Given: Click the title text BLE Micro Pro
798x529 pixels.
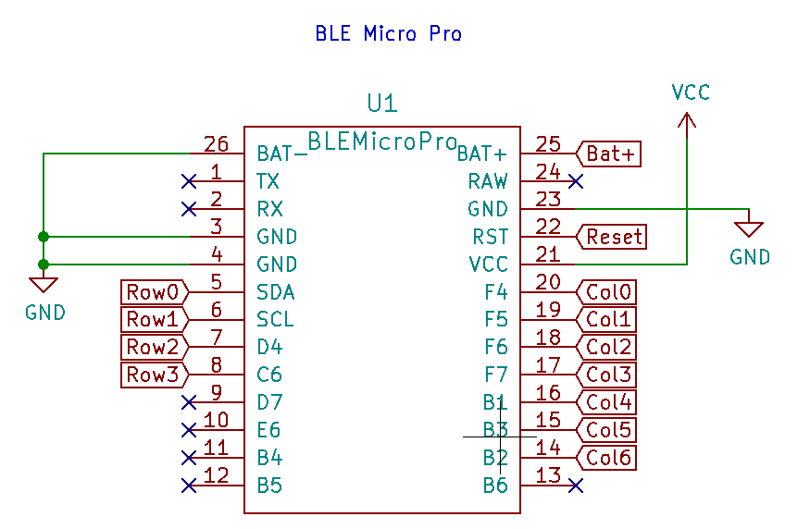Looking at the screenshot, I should pos(388,34).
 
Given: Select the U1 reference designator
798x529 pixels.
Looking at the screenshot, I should pos(382,103).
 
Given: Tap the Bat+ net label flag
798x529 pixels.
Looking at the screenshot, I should pos(610,154).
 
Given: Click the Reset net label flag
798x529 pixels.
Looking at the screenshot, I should pos(613,237).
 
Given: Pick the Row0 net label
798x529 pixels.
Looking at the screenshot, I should pos(154,292).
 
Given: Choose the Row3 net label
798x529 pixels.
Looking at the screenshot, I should pos(154,375).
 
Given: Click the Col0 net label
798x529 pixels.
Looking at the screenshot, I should pos(608,292).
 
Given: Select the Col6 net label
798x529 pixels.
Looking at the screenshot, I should pos(608,458).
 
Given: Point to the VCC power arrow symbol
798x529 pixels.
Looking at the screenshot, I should pos(686,122).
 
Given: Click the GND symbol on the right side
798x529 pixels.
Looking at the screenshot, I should pos(749,228).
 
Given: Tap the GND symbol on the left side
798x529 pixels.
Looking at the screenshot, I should pos(44,284).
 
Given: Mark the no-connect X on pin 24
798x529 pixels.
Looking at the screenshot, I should pos(576,181).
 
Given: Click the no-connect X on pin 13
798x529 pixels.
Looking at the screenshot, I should pos(576,486).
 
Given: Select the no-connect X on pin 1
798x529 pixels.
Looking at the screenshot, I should pos(189,180).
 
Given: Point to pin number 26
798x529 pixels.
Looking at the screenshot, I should pos(216,144).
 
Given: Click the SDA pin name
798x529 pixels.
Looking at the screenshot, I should pos(275,292).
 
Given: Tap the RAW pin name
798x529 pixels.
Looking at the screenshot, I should pos(487,181).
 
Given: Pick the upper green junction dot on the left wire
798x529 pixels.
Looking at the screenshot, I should pos(44,237).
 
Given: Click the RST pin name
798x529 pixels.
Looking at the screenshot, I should pos(490,237).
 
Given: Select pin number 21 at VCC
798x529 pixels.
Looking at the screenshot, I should pos(548,254).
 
